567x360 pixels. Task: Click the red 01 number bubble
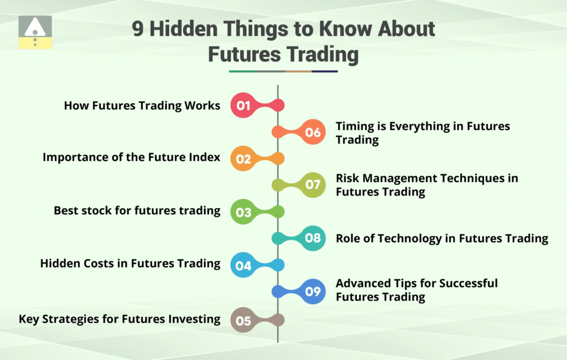click(x=244, y=105)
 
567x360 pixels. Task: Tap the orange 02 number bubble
click(x=244, y=158)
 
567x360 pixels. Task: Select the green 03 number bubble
click(x=244, y=212)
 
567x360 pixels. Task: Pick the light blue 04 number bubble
click(x=244, y=265)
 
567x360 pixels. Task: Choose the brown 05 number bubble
click(x=244, y=320)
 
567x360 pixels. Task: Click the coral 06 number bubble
click(x=313, y=132)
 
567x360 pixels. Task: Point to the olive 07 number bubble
click(x=313, y=185)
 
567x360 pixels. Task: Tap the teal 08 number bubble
click(x=313, y=238)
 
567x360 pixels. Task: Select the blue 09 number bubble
click(x=313, y=291)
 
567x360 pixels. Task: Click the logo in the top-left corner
click(x=35, y=32)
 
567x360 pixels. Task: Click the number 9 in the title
click(x=138, y=29)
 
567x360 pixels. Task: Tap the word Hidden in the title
click(x=184, y=29)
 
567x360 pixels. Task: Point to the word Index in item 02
click(x=207, y=157)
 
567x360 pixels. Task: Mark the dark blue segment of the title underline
click(x=324, y=71)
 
